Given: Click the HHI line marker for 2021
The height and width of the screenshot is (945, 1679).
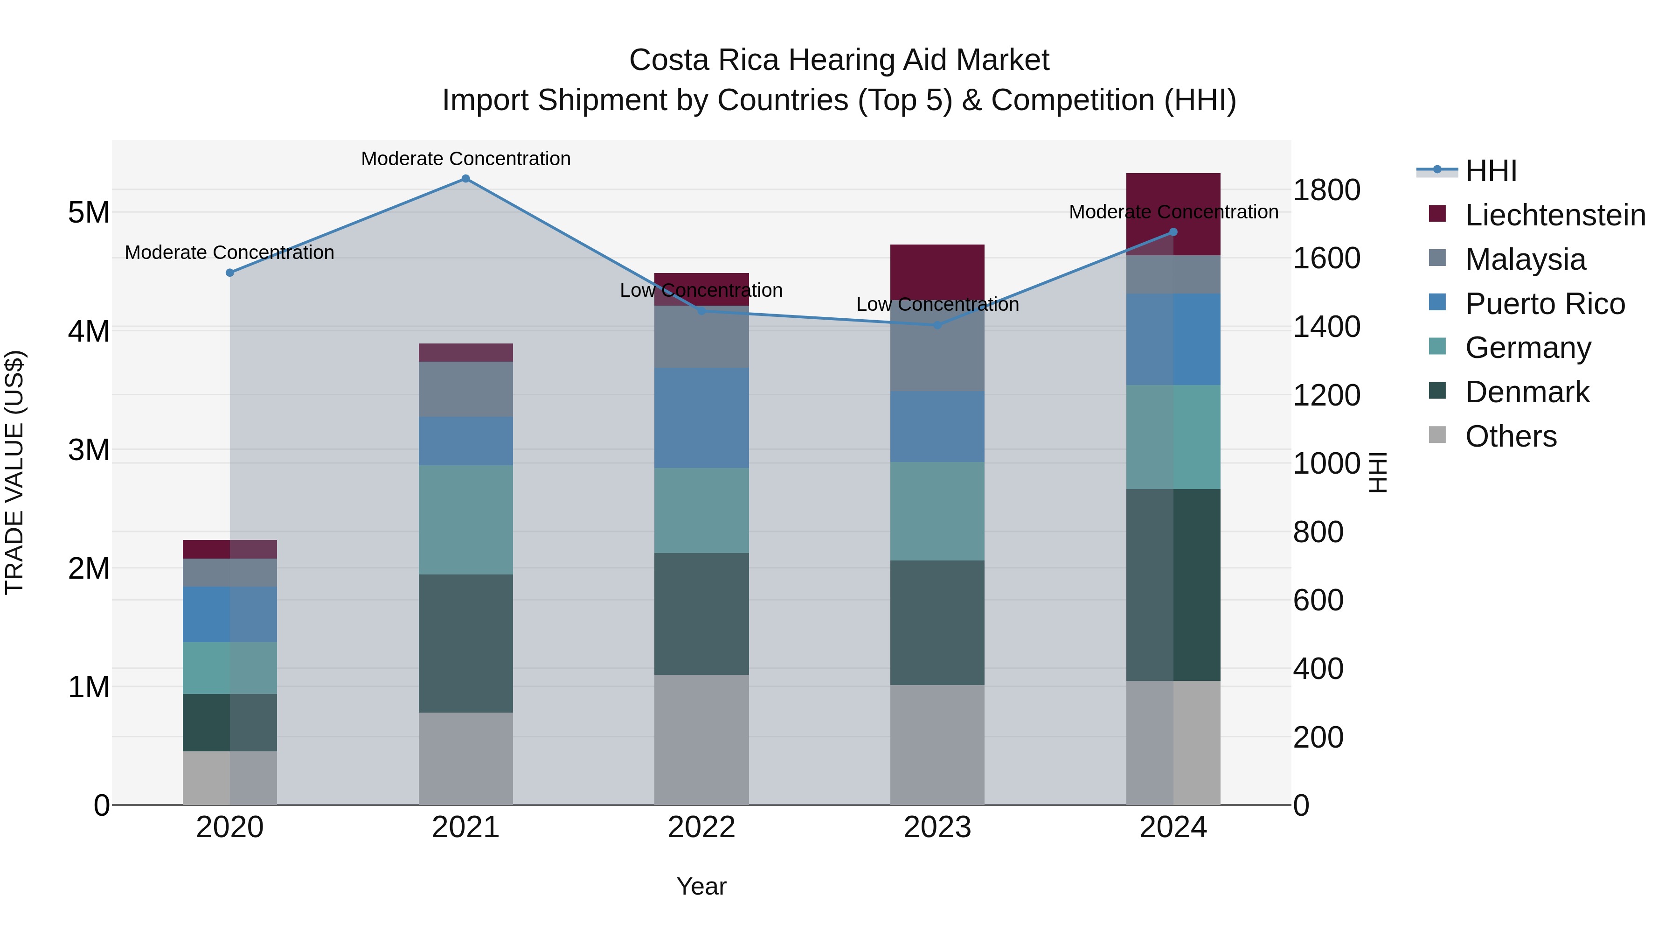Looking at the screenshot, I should pos(465,179).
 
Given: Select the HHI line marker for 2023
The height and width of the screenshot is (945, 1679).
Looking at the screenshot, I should pos(937,325).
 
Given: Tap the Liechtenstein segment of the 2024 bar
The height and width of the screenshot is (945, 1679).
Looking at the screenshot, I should pos(1173,214).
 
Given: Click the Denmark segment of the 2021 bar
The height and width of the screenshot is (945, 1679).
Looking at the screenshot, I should pos(465,643).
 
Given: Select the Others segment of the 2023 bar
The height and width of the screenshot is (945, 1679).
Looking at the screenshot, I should pos(937,745).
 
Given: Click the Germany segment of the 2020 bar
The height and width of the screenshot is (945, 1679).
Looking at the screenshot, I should pos(229,668).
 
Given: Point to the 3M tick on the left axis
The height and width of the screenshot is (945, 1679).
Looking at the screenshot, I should pos(89,450).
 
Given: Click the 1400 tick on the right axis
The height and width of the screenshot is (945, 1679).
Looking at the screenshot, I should pos(1326,327).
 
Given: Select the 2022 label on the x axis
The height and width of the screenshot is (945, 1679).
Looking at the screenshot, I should pos(701,827).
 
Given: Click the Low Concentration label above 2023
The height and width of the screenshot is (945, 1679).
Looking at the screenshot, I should pos(937,305).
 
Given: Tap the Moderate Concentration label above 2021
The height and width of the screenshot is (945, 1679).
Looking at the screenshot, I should pos(465,159).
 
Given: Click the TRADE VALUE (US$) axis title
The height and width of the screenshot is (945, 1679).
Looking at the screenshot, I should pos(14,472).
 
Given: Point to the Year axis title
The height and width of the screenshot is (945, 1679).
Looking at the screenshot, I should pos(701,886).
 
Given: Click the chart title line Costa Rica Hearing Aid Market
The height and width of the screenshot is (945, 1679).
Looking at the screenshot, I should pos(839,60).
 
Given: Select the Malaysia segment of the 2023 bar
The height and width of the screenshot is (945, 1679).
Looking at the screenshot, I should pos(937,346).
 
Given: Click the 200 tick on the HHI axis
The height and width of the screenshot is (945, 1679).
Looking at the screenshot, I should pos(1318,738).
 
